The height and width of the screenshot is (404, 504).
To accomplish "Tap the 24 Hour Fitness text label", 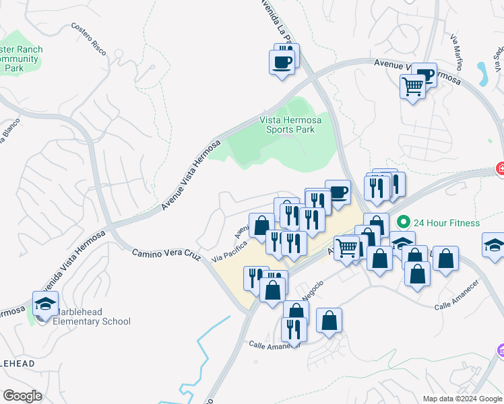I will coord(446,223).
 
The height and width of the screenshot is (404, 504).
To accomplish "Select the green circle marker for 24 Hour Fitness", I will coord(404,222).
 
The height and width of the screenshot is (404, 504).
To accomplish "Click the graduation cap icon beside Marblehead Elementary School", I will coord(45,304).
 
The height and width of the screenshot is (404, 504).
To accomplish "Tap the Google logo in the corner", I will coord(22,396).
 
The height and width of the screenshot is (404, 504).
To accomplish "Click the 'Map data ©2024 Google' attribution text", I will coord(462,399).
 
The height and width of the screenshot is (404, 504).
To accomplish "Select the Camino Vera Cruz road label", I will coord(166,255).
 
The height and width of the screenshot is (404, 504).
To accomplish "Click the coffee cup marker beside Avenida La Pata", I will coord(282,63).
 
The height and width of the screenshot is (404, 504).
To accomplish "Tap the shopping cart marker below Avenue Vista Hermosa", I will coord(412,86).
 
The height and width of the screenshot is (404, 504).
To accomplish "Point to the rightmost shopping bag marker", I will coord(445,258).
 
